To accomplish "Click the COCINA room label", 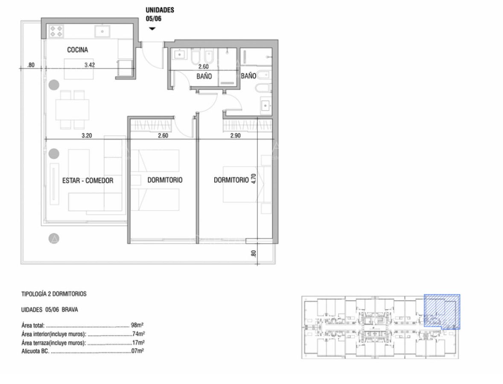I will pos(77,50).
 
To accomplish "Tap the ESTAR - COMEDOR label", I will pos(88,181).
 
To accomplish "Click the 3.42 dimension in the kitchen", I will pos(89,65).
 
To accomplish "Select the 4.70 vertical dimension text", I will pos(253,178).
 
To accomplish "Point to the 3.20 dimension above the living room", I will pos(86,135).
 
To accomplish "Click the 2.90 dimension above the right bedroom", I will pos(236,135).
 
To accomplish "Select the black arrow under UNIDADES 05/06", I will pos(152,29).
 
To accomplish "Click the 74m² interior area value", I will pos(138,334).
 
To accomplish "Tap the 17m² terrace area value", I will pos(138,343).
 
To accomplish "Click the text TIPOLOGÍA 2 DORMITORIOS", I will pos(54,294).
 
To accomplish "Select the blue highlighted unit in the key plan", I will pos(442,311).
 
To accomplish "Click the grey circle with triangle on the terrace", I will pos(54,238).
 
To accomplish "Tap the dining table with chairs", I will pos(72,110).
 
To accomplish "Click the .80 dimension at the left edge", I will pos(30,65).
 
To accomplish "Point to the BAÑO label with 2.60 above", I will pos(204,77).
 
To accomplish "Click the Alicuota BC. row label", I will pos(35,351).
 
